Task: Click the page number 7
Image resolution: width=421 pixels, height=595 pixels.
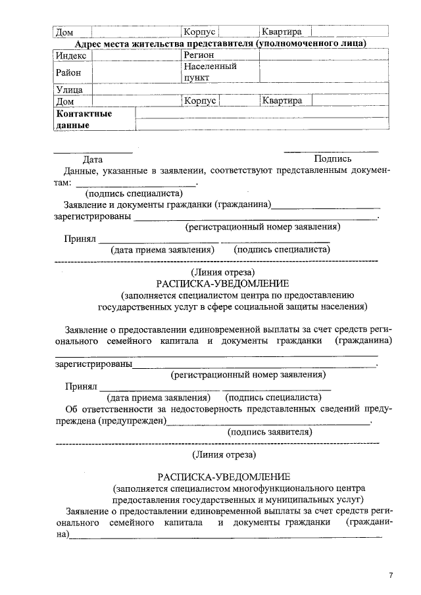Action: (x=391, y=576)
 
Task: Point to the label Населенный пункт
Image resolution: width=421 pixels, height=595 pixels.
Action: (x=210, y=72)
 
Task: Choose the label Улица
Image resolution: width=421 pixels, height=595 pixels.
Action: (x=69, y=89)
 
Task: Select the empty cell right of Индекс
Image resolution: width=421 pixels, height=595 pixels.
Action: (x=136, y=55)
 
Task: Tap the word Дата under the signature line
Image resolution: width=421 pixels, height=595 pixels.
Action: (x=92, y=159)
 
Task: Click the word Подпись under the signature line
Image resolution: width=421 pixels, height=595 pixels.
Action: (x=332, y=159)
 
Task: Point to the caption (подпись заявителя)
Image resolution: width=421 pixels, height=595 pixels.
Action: (x=270, y=432)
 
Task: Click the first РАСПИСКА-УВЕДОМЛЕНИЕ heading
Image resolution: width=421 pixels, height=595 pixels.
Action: (x=222, y=283)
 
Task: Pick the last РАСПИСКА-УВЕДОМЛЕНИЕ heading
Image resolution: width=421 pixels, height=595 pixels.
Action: (x=222, y=477)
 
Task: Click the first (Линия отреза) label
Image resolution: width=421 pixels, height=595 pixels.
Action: (x=222, y=272)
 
